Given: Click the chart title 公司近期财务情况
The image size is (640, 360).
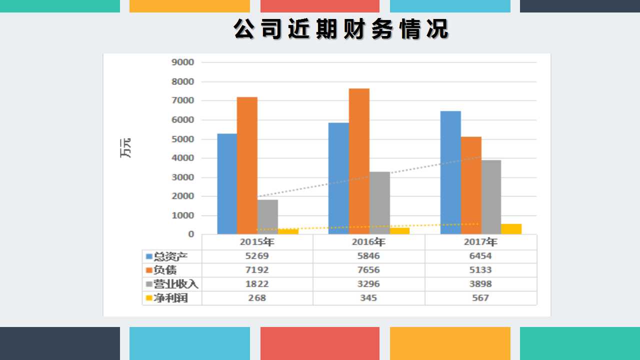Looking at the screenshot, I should pyautogui.click(x=341, y=29).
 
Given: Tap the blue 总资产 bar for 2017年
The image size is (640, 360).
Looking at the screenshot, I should pyautogui.click(x=450, y=172).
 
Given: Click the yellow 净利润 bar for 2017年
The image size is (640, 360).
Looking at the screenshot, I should pyautogui.click(x=511, y=228).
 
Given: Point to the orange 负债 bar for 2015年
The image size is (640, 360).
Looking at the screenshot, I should pyautogui.click(x=247, y=165).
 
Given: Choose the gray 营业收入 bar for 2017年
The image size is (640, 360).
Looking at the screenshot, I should pyautogui.click(x=490, y=197).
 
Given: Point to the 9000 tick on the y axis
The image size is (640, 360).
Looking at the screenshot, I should pyautogui.click(x=182, y=62).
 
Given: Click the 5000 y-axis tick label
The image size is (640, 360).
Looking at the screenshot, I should pyautogui.click(x=182, y=139).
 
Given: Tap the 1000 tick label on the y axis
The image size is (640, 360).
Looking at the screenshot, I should pyautogui.click(x=182, y=215).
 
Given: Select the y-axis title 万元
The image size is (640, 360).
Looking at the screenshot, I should pyautogui.click(x=125, y=148).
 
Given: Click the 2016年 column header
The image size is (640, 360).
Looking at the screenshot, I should pyautogui.click(x=369, y=242).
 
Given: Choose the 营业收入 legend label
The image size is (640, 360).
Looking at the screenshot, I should pyautogui.click(x=175, y=284).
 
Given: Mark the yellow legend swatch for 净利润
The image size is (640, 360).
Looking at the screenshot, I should pyautogui.click(x=148, y=298).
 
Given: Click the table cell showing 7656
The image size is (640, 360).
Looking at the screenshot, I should pyautogui.click(x=369, y=270).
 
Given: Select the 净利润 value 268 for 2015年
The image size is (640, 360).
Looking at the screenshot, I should pyautogui.click(x=257, y=298).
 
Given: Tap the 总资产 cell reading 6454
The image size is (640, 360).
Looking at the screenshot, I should pyautogui.click(x=480, y=256).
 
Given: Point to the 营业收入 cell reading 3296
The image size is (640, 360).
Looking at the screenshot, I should pyautogui.click(x=369, y=284).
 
